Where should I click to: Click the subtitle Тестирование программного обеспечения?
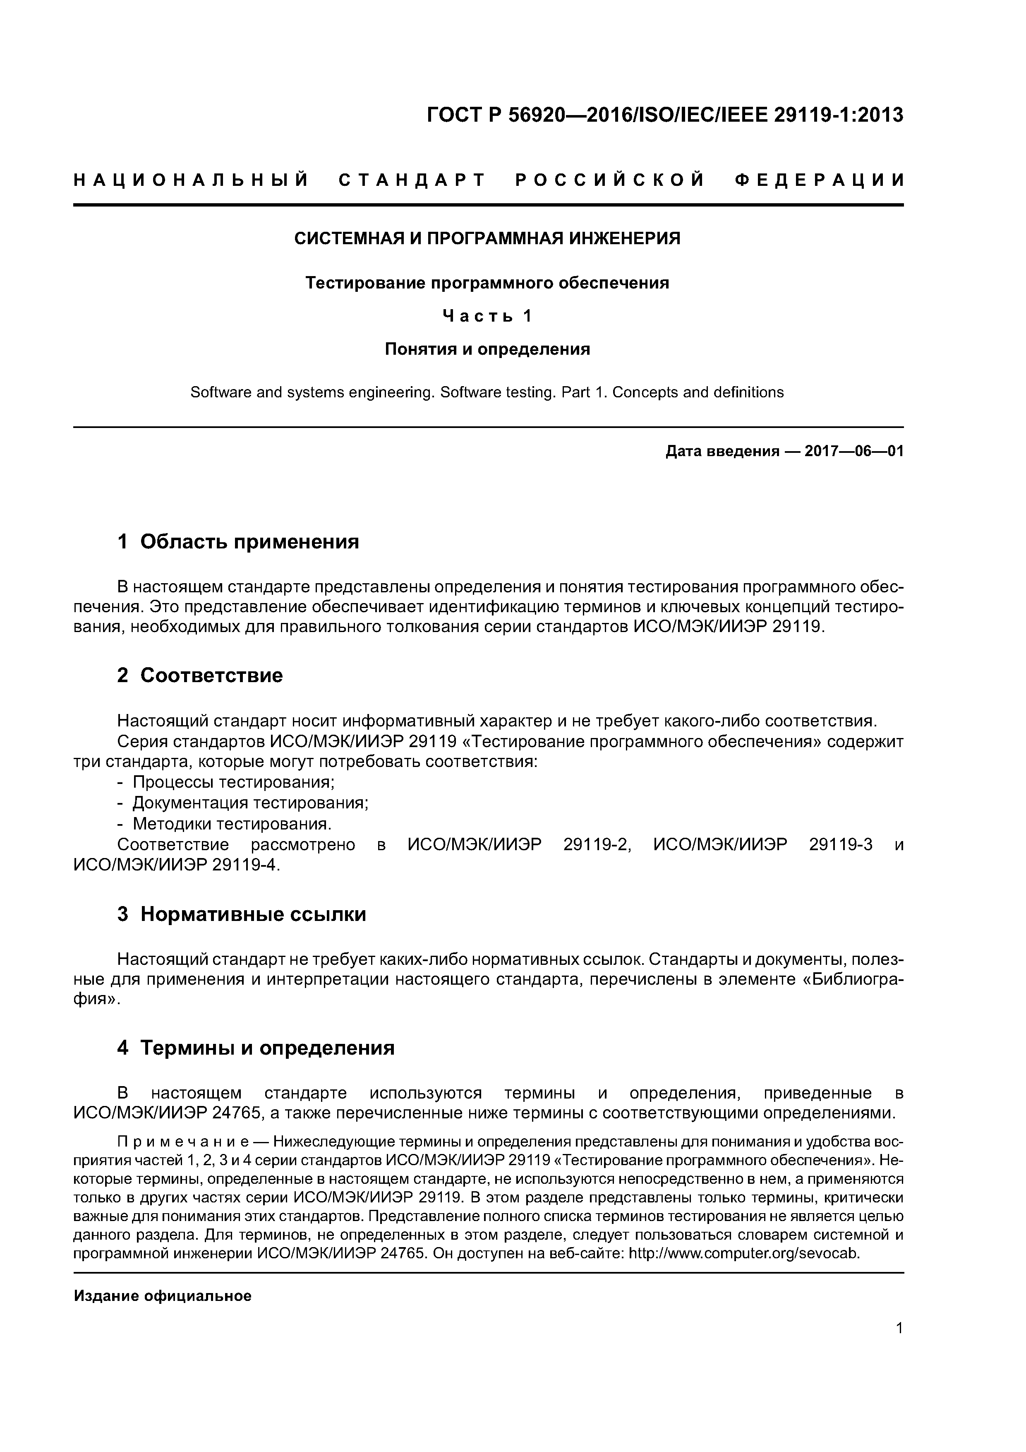pyautogui.click(x=487, y=283)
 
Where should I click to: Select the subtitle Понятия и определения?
pyautogui.click(x=487, y=349)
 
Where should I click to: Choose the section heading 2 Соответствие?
pyautogui.click(x=200, y=676)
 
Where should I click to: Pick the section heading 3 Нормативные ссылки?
pyautogui.click(x=242, y=914)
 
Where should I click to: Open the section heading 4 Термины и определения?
pyautogui.click(x=256, y=1048)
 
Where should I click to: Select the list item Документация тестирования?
pyautogui.click(x=250, y=803)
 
